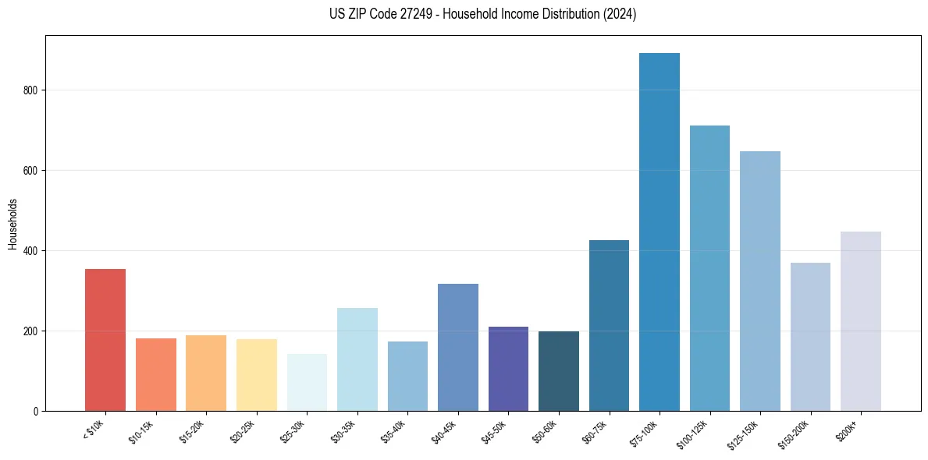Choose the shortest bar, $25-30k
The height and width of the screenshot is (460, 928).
(307, 382)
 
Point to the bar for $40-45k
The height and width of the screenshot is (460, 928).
(458, 347)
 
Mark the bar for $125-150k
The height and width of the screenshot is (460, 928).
(760, 281)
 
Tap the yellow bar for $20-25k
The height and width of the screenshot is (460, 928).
(257, 375)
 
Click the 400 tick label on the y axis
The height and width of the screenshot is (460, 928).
(33, 251)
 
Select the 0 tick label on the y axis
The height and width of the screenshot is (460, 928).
(37, 412)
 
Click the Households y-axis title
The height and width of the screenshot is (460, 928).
(13, 224)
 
